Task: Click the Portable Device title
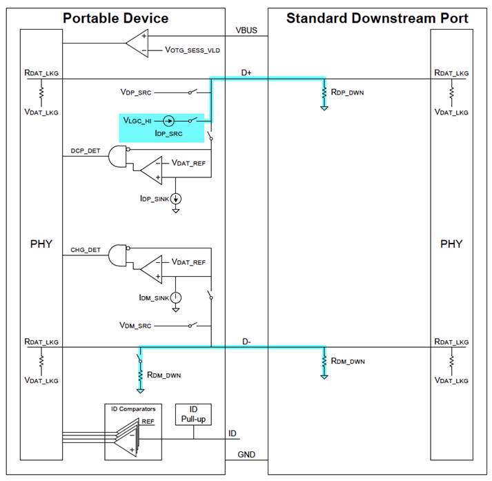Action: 115,18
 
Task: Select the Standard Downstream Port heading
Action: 377,18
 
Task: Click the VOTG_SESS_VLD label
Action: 194,50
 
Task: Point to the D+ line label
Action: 246,71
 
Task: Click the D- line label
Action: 246,340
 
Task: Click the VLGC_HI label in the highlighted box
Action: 137,119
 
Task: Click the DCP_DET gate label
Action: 84,150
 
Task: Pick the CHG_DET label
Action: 84,248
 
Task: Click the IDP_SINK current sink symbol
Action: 176,199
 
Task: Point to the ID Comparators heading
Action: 134,409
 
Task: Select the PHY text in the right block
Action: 451,244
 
